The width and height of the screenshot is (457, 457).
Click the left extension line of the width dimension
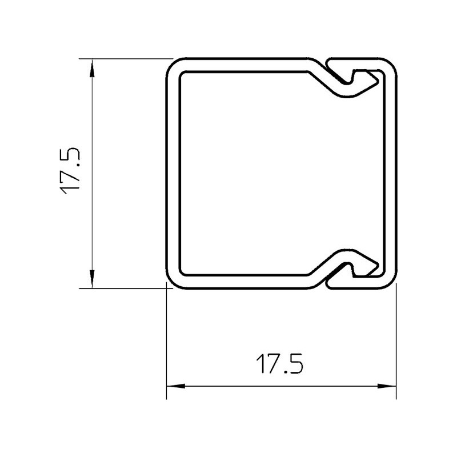pos(166,343)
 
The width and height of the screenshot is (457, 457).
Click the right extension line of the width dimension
pos(396,343)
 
